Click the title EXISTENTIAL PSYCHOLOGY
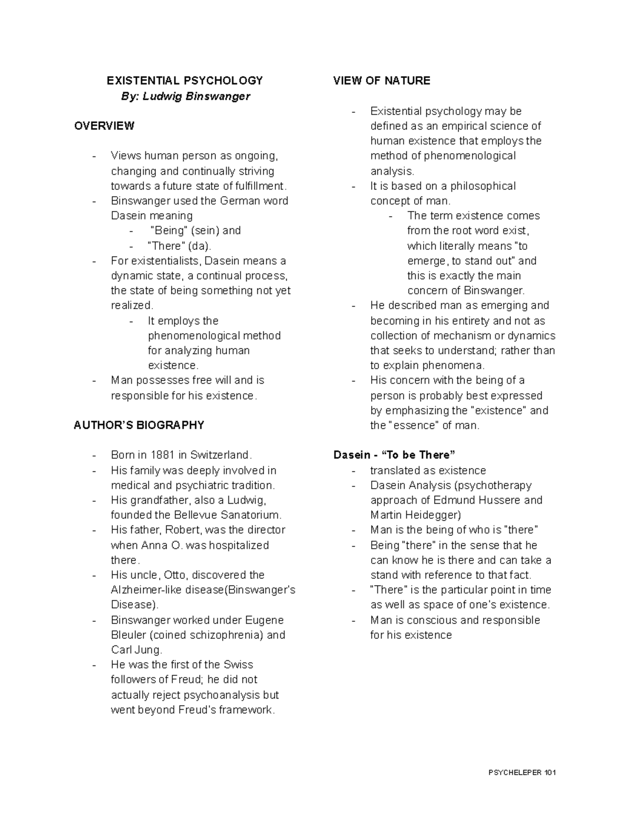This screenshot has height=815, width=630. pyautogui.click(x=184, y=81)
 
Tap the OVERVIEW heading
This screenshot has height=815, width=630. pyautogui.click(x=104, y=126)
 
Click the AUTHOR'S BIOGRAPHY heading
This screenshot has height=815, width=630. pyautogui.click(x=139, y=425)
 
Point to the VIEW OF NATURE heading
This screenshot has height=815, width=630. pyautogui.click(x=382, y=81)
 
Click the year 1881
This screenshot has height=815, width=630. pyautogui.click(x=163, y=455)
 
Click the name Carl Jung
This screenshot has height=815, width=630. pyautogui.click(x=133, y=650)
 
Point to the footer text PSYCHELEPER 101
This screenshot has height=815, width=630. pyautogui.click(x=522, y=772)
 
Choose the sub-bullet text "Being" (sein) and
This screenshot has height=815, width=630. pyautogui.click(x=195, y=230)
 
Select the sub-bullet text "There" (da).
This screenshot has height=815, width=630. pyautogui.click(x=180, y=246)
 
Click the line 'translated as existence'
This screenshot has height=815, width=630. pyautogui.click(x=428, y=470)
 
